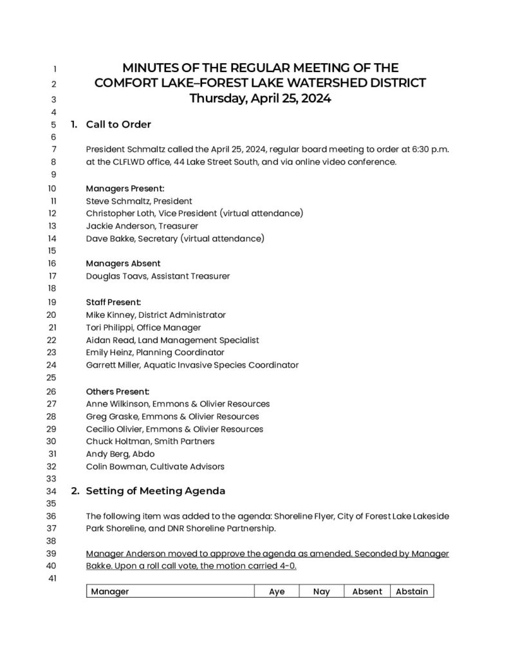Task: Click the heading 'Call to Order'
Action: point(118,124)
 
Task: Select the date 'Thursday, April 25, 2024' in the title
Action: point(260,99)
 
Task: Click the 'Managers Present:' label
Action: point(125,189)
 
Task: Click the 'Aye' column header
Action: point(277,591)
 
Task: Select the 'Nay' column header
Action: point(321,591)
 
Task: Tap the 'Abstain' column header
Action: point(412,591)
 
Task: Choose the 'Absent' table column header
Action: point(367,591)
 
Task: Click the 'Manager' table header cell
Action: point(110,591)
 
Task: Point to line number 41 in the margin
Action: point(53,579)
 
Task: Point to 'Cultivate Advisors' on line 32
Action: point(187,467)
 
